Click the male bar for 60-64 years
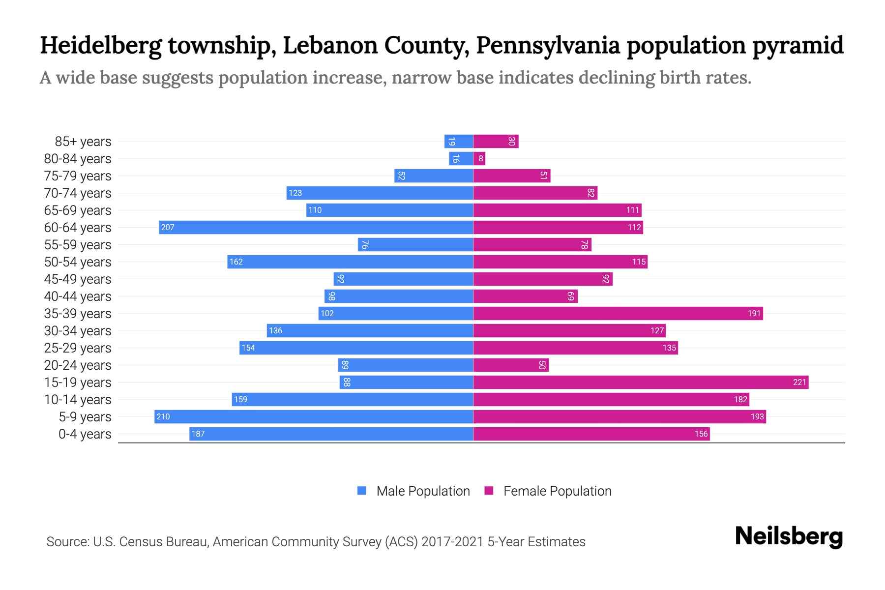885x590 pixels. (x=316, y=227)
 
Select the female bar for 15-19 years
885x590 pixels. (x=640, y=382)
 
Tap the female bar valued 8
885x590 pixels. (x=479, y=158)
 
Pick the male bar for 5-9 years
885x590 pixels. (x=313, y=416)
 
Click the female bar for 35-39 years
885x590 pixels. (x=618, y=313)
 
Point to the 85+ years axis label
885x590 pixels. (x=83, y=142)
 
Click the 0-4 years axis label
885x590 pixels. (x=85, y=434)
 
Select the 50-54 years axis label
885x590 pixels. (x=78, y=262)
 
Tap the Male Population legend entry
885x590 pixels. (x=413, y=491)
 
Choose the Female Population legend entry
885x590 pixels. (x=548, y=491)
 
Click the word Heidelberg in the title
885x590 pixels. (x=101, y=45)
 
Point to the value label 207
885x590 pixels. (x=168, y=228)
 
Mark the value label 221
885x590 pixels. (x=799, y=383)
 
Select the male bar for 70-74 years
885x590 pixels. (x=380, y=193)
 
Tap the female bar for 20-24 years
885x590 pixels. (x=510, y=365)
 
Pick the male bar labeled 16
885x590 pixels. (x=461, y=158)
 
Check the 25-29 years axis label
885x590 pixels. (x=78, y=348)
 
